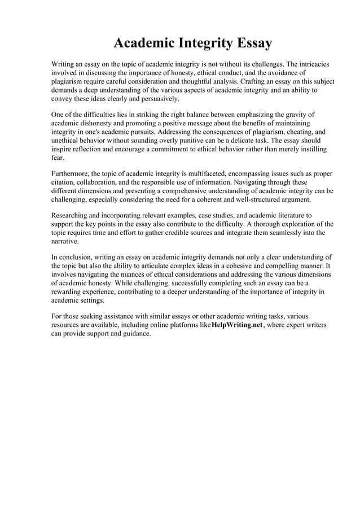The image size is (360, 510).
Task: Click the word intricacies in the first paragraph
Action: (x=312, y=64)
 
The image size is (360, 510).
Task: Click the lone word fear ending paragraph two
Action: (x=58, y=158)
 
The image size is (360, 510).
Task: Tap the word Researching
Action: (x=72, y=215)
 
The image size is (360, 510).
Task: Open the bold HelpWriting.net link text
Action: (x=236, y=325)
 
